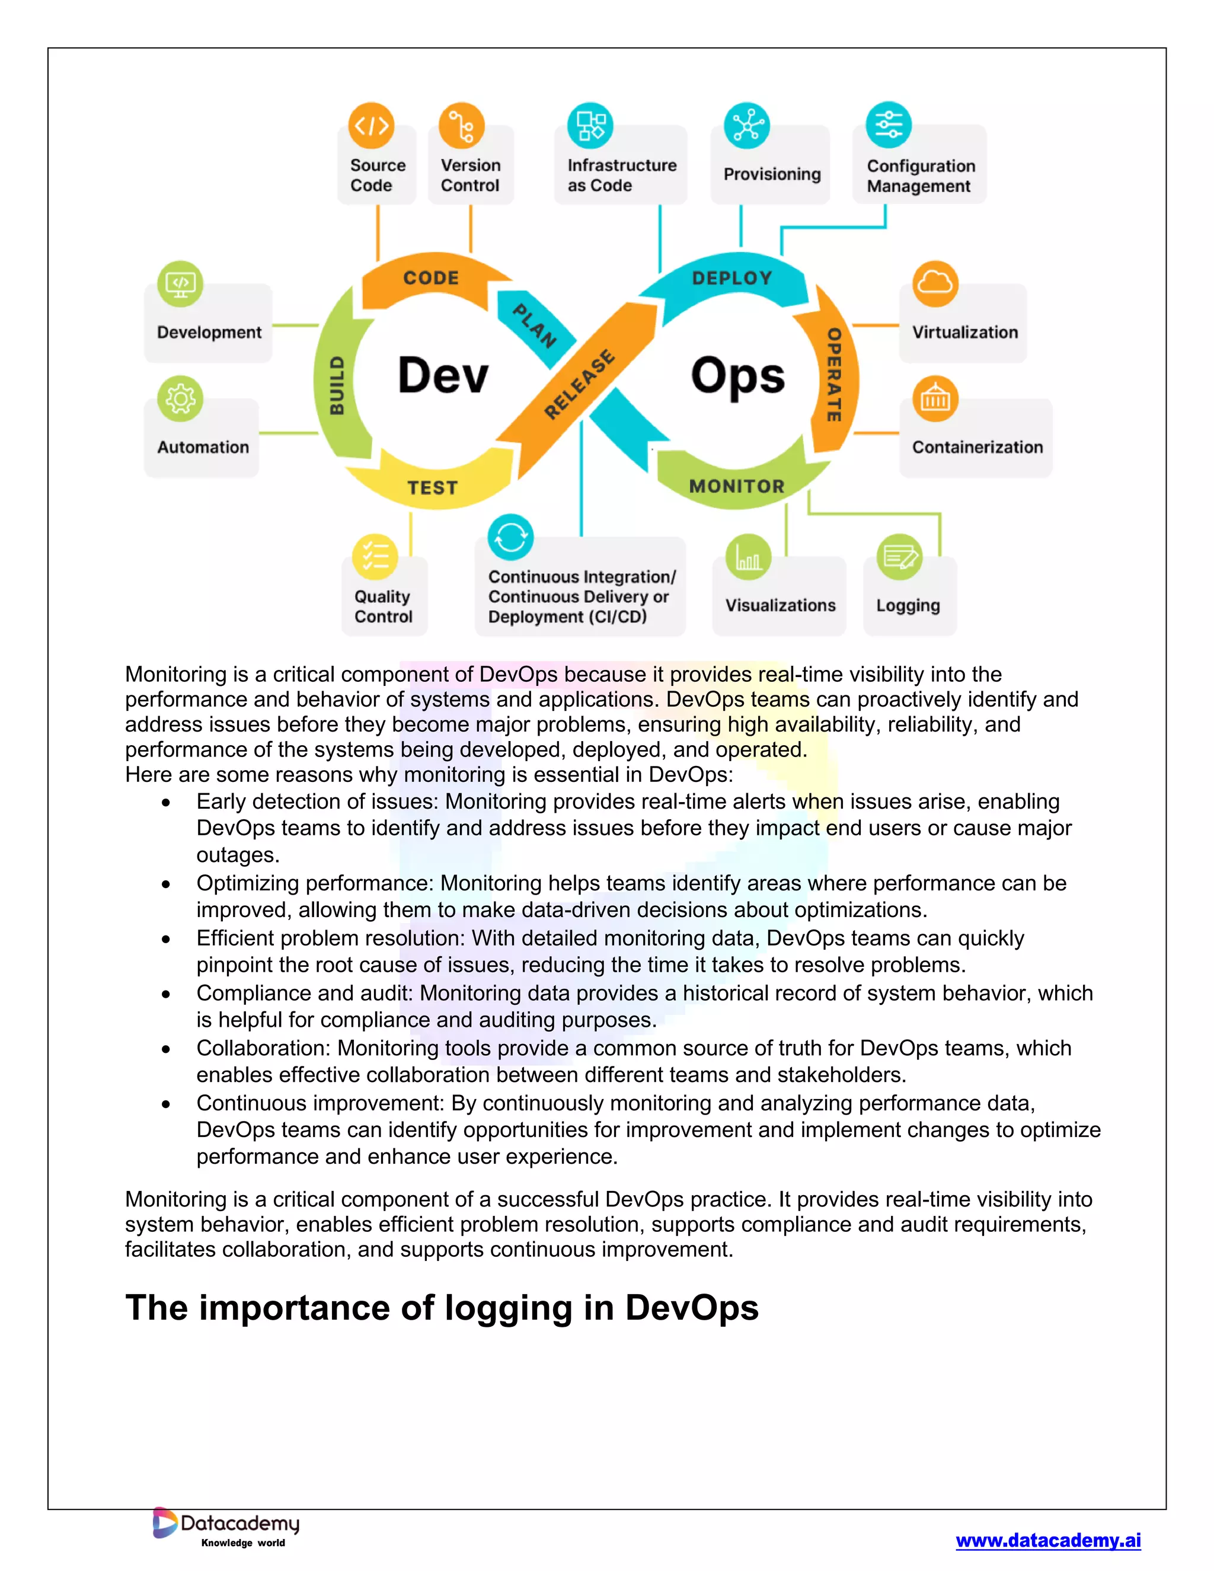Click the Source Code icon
[371, 126]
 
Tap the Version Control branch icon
[461, 126]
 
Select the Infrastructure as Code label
[621, 175]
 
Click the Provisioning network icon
[746, 126]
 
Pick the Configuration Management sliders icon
[888, 125]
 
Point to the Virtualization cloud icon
[935, 283]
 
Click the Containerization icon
[935, 398]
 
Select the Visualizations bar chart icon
[748, 557]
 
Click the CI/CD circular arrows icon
[510, 537]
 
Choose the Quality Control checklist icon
[375, 557]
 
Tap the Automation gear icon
[180, 398]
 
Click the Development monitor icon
[180, 283]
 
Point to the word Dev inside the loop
[443, 375]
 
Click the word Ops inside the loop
[738, 375]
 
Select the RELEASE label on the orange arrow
[579, 385]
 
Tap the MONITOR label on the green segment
[736, 486]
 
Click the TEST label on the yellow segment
[432, 488]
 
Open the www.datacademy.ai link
[1048, 1540]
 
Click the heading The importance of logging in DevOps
[442, 1307]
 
